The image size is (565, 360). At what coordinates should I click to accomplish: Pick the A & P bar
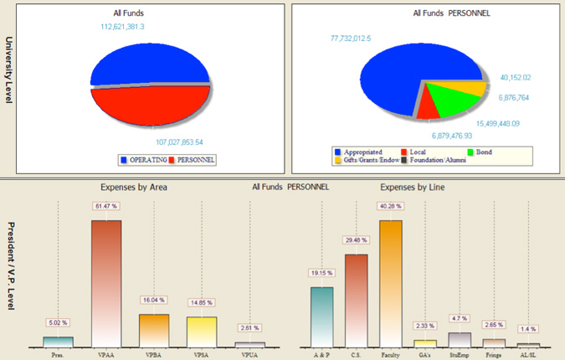321,316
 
